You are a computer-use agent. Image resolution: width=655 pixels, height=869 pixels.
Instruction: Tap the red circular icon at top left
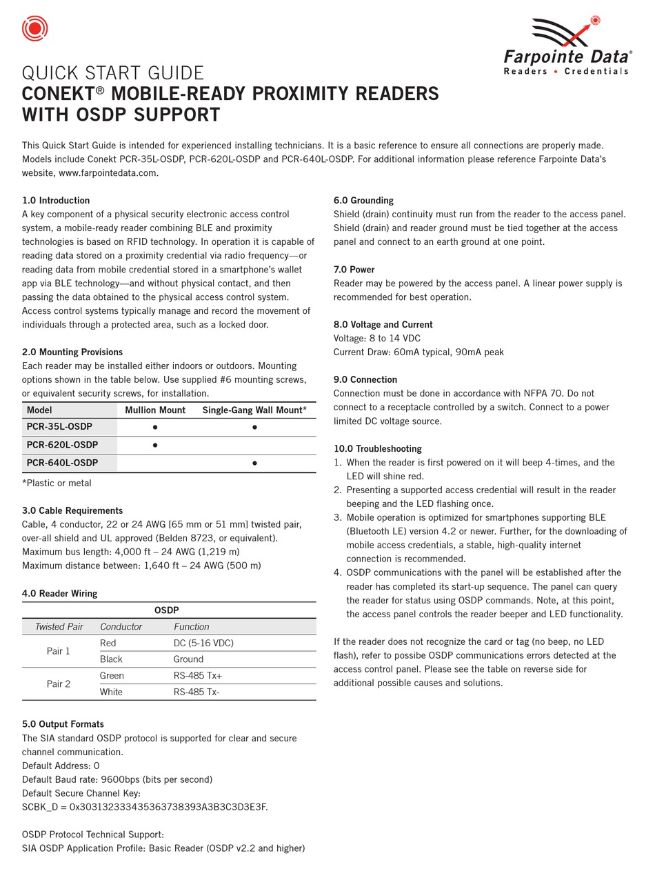coord(35,28)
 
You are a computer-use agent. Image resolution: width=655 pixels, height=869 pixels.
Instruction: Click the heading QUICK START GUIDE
coord(113,73)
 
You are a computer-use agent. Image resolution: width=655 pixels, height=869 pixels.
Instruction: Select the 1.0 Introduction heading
coord(56,201)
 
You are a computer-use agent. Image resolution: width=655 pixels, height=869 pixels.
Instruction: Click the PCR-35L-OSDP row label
coord(59,427)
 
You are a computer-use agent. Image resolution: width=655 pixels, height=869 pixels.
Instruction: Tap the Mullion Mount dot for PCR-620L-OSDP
coord(155,445)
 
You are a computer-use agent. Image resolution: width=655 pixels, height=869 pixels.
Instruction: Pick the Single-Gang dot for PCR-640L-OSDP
coord(254,463)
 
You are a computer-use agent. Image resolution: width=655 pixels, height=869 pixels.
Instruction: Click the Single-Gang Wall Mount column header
coord(254,410)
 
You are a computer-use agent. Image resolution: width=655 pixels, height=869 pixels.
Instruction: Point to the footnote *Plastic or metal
coord(57,483)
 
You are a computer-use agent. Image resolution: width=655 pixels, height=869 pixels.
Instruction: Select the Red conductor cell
coord(108,643)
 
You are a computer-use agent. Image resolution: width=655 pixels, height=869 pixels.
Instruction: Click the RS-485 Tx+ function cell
coord(198,676)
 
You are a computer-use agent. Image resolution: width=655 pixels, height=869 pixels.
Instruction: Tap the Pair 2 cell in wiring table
coord(59,684)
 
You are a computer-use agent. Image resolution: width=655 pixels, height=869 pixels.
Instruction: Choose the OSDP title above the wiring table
coord(167,610)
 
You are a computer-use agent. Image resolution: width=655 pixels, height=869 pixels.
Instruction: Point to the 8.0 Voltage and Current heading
coord(383,325)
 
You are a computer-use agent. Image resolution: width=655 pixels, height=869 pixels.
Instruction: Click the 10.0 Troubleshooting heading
coord(377,449)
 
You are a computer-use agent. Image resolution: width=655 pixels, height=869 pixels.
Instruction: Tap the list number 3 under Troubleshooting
coord(338,518)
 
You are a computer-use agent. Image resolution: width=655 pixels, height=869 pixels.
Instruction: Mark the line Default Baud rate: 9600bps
coord(117,779)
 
